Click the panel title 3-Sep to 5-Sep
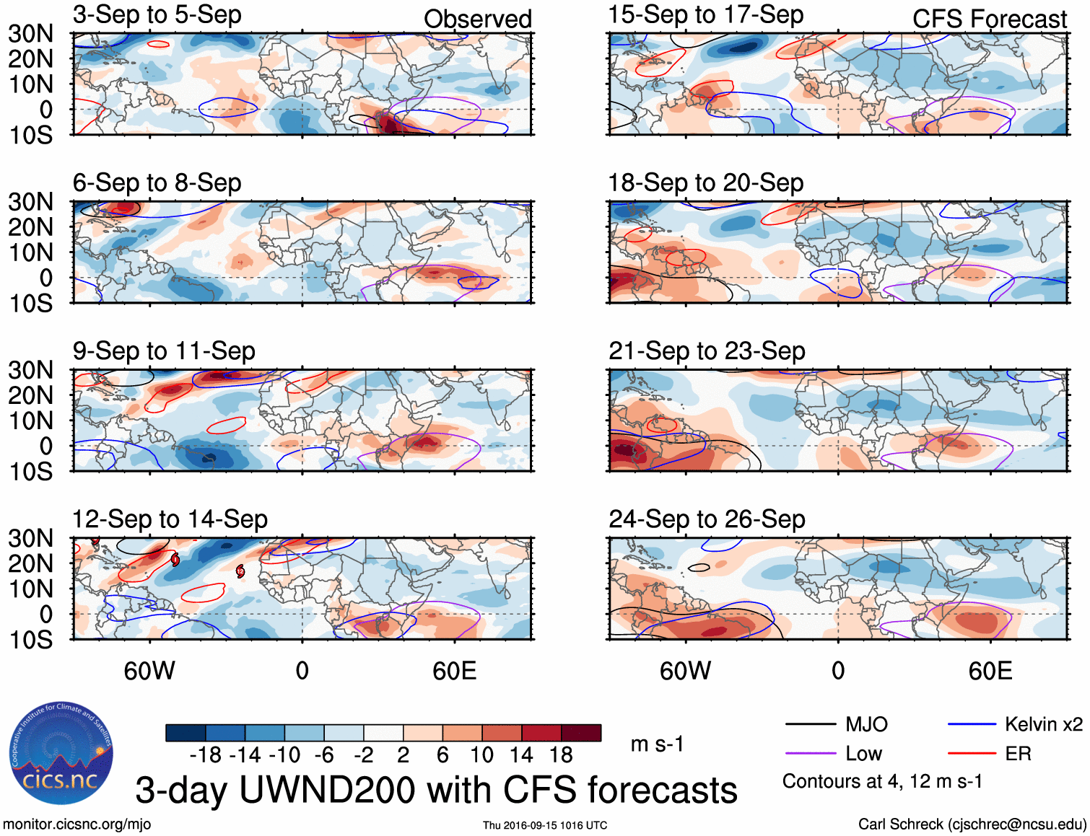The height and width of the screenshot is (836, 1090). pyautogui.click(x=157, y=15)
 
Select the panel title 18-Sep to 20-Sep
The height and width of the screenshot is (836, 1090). pyautogui.click(x=705, y=183)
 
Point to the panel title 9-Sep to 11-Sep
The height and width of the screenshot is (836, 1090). pyautogui.click(x=164, y=351)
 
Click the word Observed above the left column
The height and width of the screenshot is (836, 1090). pyautogui.click(x=477, y=19)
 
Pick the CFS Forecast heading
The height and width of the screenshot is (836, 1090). pyautogui.click(x=989, y=19)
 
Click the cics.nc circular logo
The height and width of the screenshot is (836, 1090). pyautogui.click(x=61, y=753)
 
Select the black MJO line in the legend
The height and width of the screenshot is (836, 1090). pyautogui.click(x=811, y=724)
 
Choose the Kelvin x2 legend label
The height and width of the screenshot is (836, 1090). pyautogui.click(x=1043, y=724)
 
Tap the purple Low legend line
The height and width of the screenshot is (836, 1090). pyautogui.click(x=811, y=754)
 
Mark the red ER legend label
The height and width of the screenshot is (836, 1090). pyautogui.click(x=1018, y=754)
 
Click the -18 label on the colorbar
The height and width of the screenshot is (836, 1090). pyautogui.click(x=205, y=755)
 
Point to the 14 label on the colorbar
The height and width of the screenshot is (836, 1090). pyautogui.click(x=521, y=755)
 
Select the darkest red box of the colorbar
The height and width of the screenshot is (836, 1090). pyautogui.click(x=581, y=733)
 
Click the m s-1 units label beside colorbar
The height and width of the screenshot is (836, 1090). pyautogui.click(x=657, y=744)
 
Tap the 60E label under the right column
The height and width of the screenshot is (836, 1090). pyautogui.click(x=990, y=672)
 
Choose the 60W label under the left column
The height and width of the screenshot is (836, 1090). pyautogui.click(x=149, y=672)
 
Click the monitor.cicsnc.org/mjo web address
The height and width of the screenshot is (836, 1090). pyautogui.click(x=77, y=824)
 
